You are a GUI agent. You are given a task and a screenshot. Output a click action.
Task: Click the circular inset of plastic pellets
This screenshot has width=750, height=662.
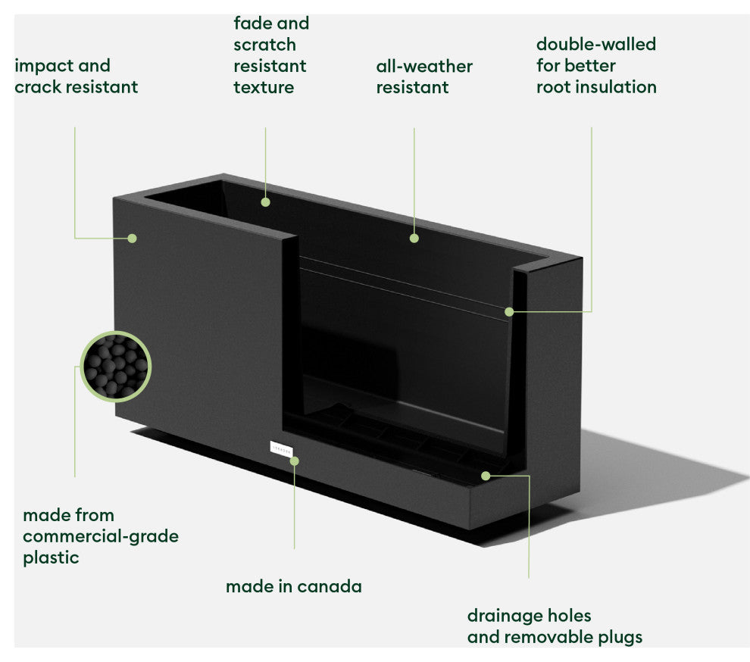click(116, 366)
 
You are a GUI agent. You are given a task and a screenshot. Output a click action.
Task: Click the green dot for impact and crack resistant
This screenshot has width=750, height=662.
click(132, 238)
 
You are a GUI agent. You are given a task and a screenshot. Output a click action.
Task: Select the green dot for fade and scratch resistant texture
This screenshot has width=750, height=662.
click(265, 201)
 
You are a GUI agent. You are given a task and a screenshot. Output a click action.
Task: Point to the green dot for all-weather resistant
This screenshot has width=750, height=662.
click(414, 238)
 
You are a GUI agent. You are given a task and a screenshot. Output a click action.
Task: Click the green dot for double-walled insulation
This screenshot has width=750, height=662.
click(509, 311)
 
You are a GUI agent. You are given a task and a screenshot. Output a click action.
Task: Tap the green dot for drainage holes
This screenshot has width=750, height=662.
click(486, 476)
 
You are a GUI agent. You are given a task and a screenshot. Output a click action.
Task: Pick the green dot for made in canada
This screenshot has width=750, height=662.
click(295, 460)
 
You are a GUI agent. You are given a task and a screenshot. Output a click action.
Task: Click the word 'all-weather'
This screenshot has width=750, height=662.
click(424, 66)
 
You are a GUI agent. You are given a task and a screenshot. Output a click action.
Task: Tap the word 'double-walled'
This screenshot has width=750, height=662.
click(595, 44)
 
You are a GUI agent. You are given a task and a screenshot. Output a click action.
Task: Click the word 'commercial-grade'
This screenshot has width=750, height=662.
click(101, 536)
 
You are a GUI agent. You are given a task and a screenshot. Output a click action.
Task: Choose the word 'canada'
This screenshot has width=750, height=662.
click(329, 586)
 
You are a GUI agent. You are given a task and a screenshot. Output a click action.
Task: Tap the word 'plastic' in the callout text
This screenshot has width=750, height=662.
click(51, 557)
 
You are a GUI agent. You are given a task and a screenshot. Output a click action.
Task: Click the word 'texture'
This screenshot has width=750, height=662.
click(264, 87)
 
